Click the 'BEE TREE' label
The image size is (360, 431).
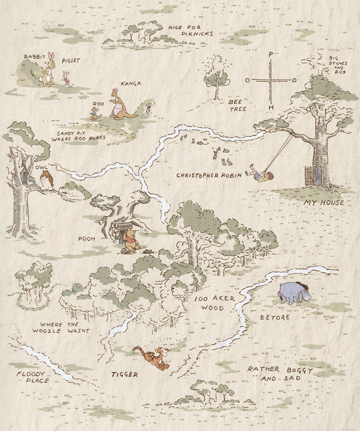[238, 104]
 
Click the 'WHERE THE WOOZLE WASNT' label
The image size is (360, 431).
[64, 327]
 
